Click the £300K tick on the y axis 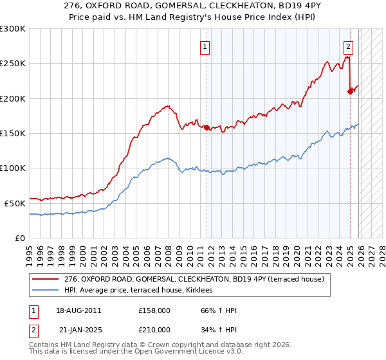point(13,29)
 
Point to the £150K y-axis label point(13,133)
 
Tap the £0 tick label point(20,238)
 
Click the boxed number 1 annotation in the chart point(205,46)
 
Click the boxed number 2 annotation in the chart point(348,46)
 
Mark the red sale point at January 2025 point(350,91)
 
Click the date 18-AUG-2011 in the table point(79,310)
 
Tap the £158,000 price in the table point(154,310)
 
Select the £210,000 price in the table point(154,329)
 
